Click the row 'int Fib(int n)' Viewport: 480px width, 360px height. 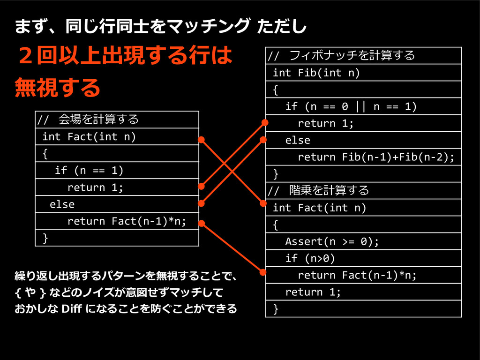(x=363, y=73)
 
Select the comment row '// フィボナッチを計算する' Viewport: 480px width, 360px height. (x=363, y=56)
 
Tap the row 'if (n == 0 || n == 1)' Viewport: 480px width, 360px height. (x=363, y=106)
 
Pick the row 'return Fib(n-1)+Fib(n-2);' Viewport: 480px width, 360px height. (x=363, y=157)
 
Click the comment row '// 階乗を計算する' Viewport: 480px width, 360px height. (x=363, y=190)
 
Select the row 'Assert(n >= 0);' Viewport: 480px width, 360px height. (x=363, y=241)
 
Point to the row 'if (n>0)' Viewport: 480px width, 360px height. (x=363, y=258)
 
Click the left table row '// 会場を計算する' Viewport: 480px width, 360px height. (x=117, y=120)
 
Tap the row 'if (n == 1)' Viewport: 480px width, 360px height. (x=117, y=170)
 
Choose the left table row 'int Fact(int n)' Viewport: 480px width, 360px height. (x=117, y=136)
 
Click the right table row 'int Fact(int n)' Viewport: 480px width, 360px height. (x=363, y=208)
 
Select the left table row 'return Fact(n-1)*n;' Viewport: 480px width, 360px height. (x=117, y=221)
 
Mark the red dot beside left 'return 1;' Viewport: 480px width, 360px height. (x=201, y=186)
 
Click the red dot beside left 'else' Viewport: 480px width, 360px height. (x=201, y=203)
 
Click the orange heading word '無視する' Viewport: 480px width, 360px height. (x=58, y=88)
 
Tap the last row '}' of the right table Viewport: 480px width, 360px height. (x=363, y=309)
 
